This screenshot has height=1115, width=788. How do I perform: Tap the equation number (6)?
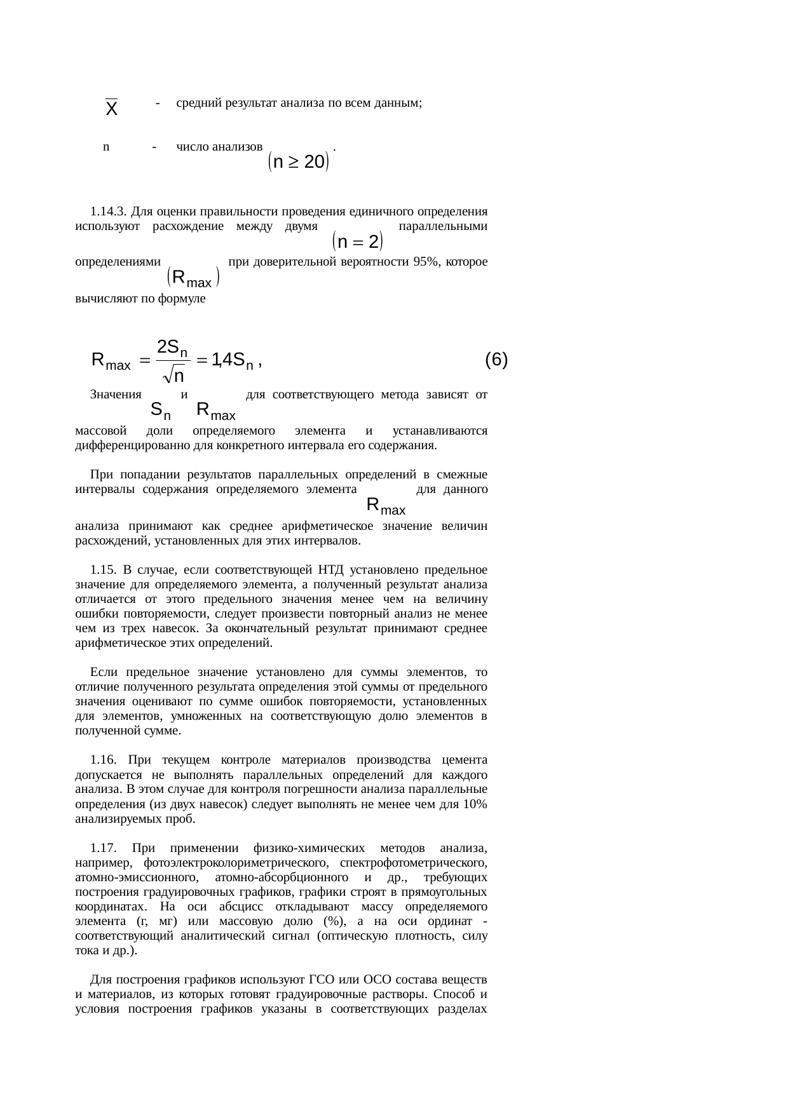coord(496,360)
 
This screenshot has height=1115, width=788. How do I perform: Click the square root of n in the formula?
coord(174,377)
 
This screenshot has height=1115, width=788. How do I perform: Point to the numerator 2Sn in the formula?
coord(172,347)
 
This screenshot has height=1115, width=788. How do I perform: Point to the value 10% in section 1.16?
coord(475,804)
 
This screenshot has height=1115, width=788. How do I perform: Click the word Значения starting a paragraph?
coord(116,395)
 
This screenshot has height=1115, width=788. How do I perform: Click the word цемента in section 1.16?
coord(466,760)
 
